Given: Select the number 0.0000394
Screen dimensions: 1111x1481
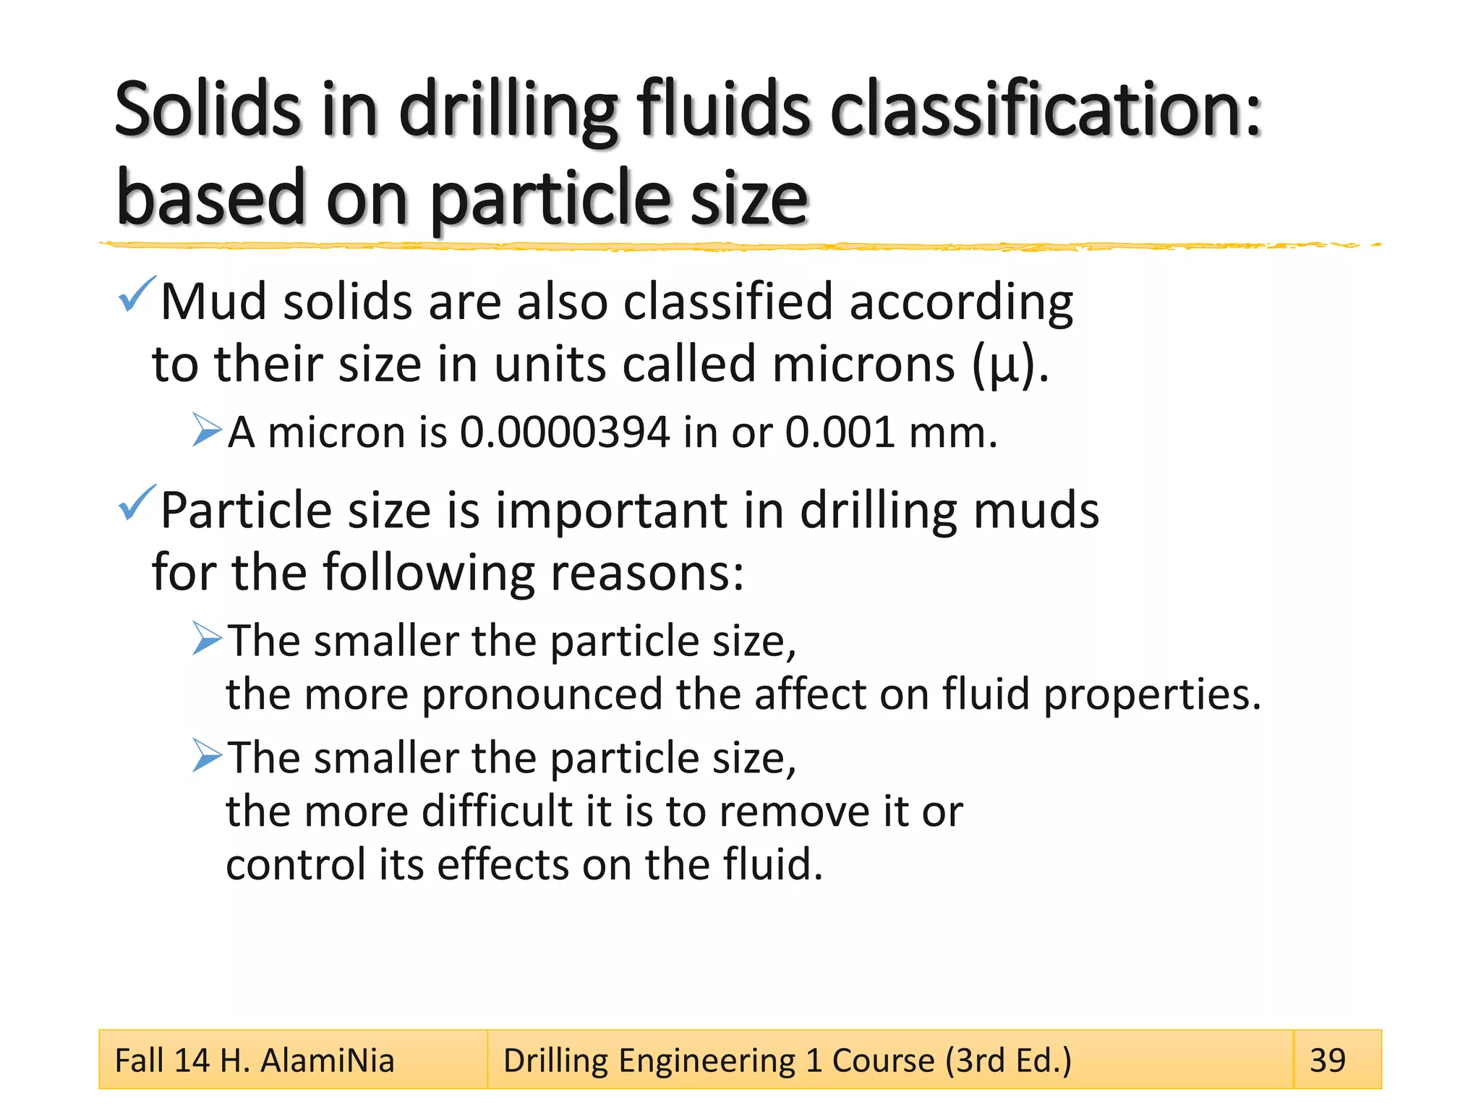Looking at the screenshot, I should pyautogui.click(x=565, y=433).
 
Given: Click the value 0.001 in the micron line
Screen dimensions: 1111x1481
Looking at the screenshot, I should pyautogui.click(x=840, y=433).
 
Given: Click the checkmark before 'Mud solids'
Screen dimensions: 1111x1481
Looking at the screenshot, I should pyautogui.click(x=135, y=294).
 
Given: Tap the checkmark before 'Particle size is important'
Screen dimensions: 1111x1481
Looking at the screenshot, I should pyautogui.click(x=135, y=503).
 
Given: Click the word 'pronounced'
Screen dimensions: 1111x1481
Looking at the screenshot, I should pyautogui.click(x=542, y=695).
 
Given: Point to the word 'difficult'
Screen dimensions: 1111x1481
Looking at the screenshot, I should pyautogui.click(x=497, y=812).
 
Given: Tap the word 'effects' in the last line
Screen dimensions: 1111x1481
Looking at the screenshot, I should pyautogui.click(x=503, y=865).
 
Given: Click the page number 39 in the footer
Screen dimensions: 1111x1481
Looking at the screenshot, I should pyautogui.click(x=1328, y=1061).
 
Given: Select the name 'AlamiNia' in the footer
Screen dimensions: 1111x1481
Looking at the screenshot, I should pyautogui.click(x=327, y=1061).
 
